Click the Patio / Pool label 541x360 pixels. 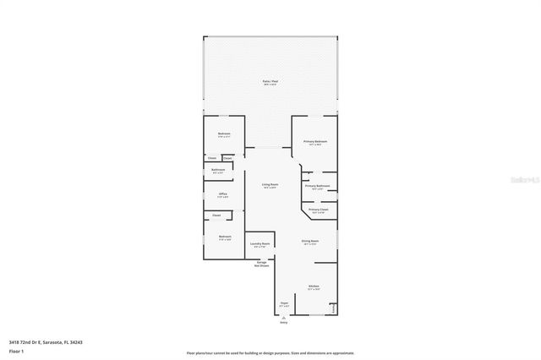270,81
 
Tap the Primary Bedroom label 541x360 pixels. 315,142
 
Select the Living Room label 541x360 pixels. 270,184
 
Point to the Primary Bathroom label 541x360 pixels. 316,186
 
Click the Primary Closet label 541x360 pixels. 318,210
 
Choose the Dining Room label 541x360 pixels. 310,242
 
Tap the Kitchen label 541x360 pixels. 313,286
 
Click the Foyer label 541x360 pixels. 284,303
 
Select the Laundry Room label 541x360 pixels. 260,244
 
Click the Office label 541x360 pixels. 223,194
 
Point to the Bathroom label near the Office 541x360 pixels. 218,170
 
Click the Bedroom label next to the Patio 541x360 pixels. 224,134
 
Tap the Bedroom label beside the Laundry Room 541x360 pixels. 225,237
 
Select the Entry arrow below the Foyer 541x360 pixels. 284,319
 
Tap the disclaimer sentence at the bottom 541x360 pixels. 270,352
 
